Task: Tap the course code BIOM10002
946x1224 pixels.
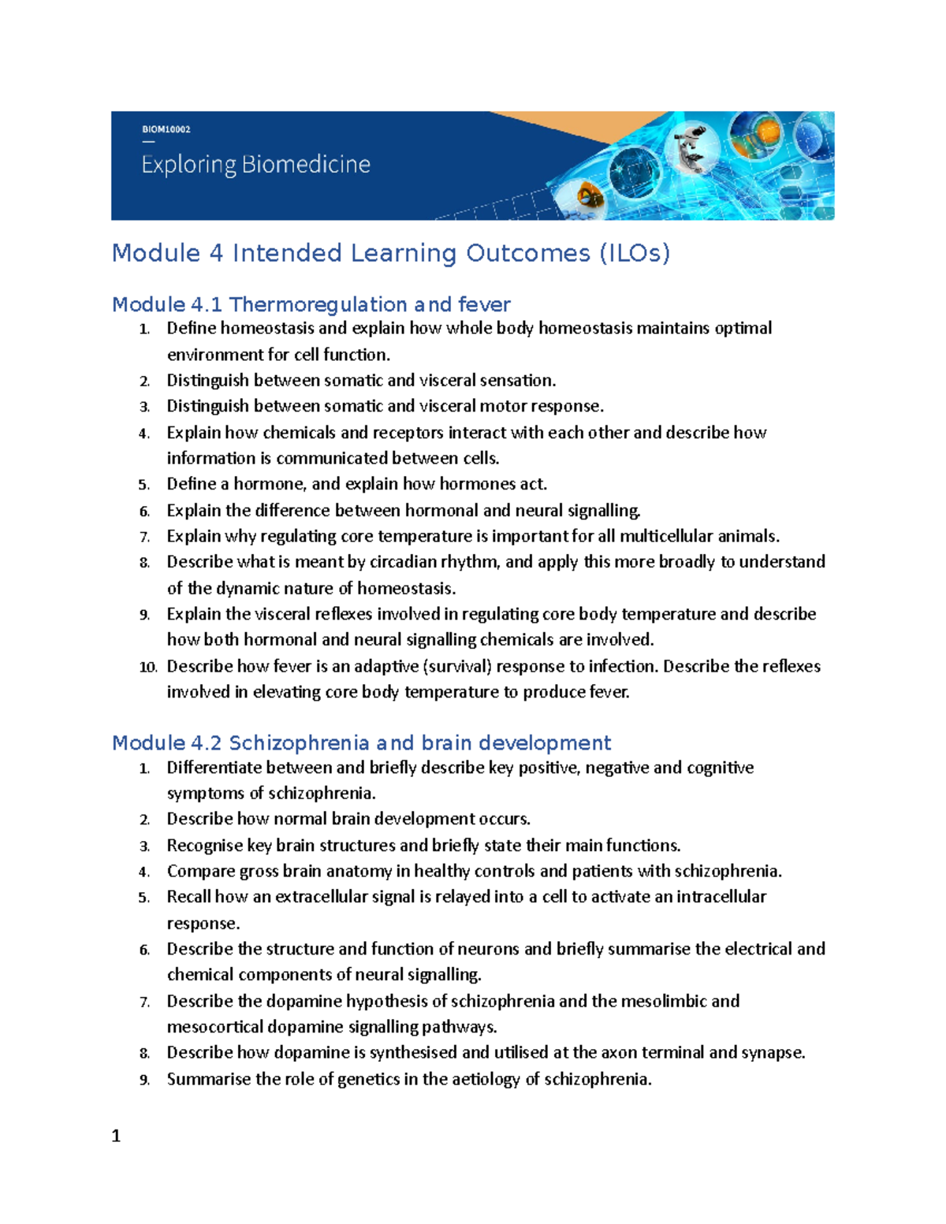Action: coord(166,129)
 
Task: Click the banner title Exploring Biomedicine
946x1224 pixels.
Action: coord(255,165)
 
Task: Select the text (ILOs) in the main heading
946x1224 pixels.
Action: coord(634,253)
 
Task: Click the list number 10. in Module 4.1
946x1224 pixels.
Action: coord(147,667)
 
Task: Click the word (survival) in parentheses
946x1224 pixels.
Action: coord(457,666)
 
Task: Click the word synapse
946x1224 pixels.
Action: coord(772,1052)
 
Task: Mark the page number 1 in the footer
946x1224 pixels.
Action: coord(116,1136)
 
